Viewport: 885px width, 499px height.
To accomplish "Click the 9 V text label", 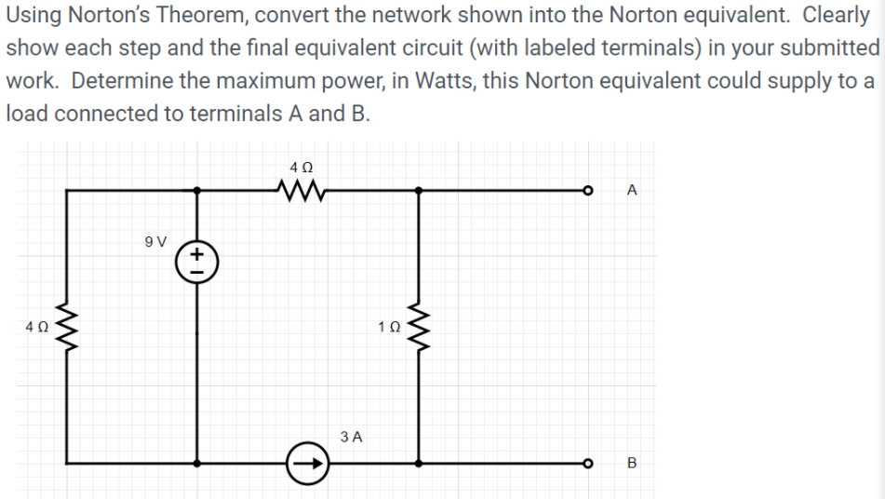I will (x=155, y=242).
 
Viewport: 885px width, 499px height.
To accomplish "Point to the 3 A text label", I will (x=352, y=436).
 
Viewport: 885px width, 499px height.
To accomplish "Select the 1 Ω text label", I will (x=390, y=328).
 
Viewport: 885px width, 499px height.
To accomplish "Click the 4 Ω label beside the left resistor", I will (x=36, y=328).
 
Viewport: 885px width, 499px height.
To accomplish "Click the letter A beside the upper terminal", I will (x=633, y=191).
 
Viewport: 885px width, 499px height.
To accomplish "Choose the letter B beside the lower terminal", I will (x=633, y=463).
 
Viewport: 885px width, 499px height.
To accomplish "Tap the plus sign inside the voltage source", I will (x=197, y=251).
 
